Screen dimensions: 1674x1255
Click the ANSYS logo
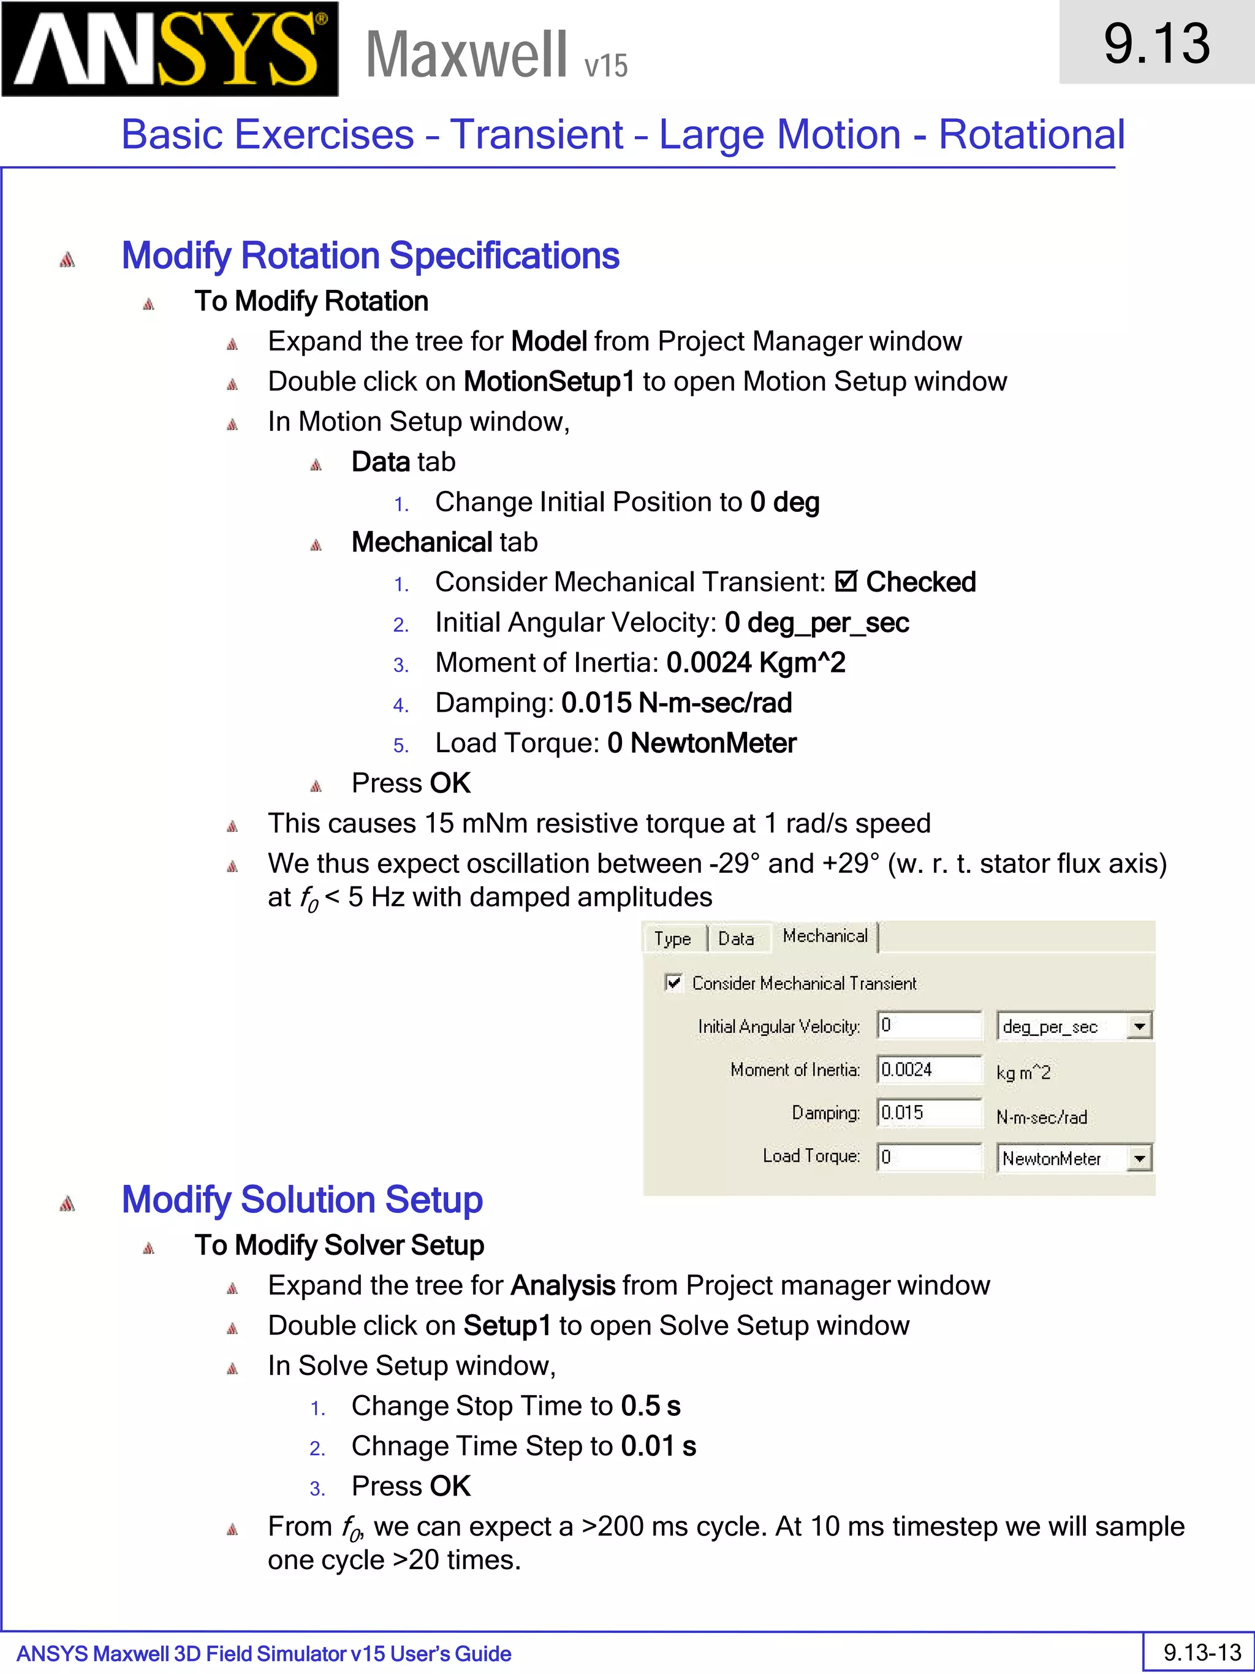[x=170, y=48]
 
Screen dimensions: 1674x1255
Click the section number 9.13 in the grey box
[x=1156, y=43]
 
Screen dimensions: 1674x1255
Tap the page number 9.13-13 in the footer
[x=1201, y=1652]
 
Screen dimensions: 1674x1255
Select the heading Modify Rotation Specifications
[x=370, y=256]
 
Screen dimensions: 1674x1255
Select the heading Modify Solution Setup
[x=302, y=1200]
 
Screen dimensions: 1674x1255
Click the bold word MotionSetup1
[x=549, y=381]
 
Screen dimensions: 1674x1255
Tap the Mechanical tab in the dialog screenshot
[x=825, y=936]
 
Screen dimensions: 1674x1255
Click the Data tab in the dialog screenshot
[x=735, y=938]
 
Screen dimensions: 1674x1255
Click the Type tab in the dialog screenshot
[x=672, y=938]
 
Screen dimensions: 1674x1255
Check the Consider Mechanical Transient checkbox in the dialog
[x=672, y=983]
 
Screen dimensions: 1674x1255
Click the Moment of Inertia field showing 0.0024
[x=928, y=1070]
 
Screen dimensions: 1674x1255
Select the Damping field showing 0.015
[x=928, y=1113]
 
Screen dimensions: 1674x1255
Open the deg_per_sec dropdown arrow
[x=1139, y=1026]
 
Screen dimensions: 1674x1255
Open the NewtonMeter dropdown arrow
[x=1139, y=1158]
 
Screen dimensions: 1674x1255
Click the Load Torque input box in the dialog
[x=928, y=1157]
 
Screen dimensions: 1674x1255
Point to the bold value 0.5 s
[x=651, y=1406]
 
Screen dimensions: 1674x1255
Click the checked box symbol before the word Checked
[x=846, y=582]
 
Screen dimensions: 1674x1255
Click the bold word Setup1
[x=507, y=1326]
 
